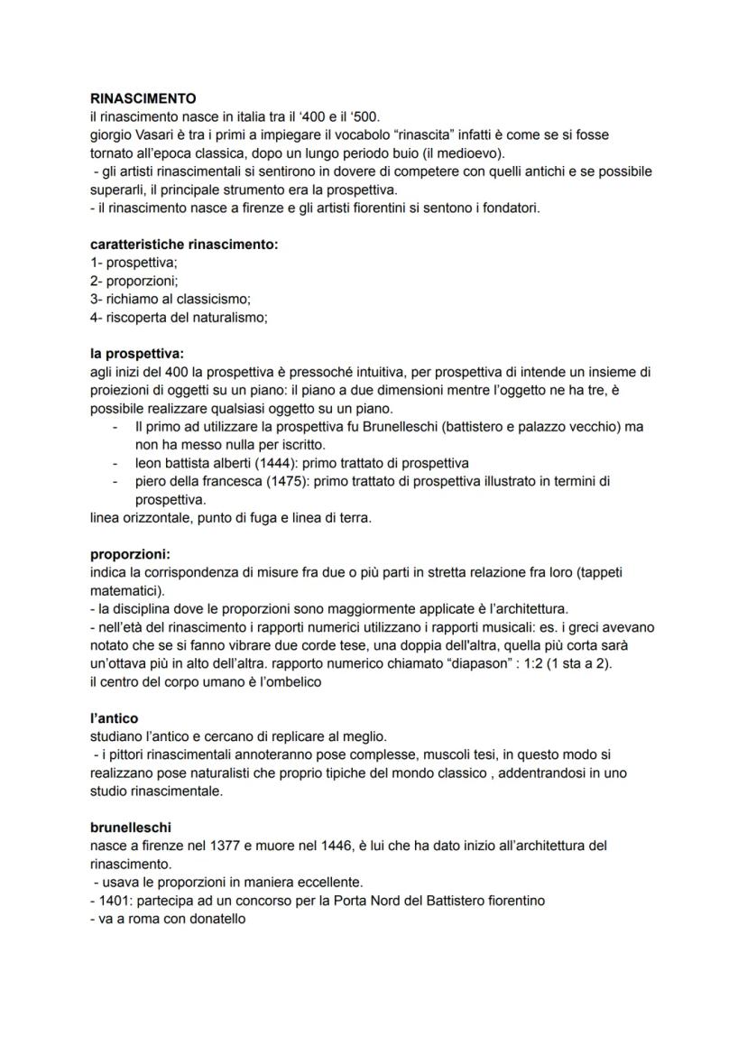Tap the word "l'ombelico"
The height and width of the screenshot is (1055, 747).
[x=285, y=682]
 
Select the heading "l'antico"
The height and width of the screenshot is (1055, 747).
[x=114, y=719]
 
